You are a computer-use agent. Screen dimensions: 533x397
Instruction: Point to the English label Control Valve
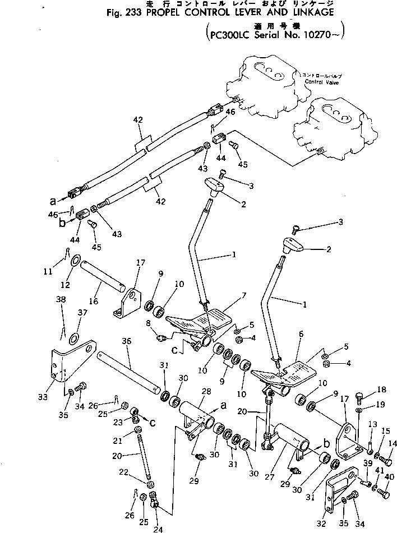click(322, 82)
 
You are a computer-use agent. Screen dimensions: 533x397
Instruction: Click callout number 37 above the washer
click(82, 312)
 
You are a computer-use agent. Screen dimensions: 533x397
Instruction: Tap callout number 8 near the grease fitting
click(148, 323)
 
